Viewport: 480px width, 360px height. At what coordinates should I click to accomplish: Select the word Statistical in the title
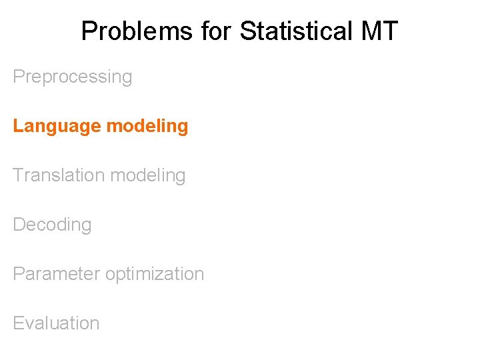293,31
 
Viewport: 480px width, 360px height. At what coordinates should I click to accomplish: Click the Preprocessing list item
73,77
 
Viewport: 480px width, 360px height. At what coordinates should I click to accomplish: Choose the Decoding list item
52,225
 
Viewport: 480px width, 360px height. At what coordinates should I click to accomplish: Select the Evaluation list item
56,323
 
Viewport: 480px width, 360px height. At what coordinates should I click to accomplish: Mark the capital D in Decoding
19,225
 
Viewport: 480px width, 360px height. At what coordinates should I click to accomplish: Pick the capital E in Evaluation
18,323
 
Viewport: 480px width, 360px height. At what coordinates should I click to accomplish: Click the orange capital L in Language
17,126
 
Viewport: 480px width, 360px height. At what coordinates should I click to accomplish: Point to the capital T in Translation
18,175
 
